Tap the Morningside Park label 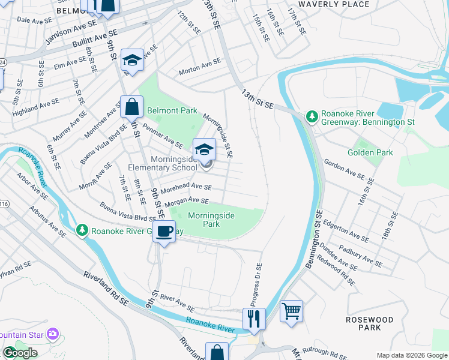pyautogui.click(x=211, y=220)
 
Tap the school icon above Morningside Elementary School pyautogui.click(x=204, y=149)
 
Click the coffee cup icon pyautogui.click(x=164, y=231)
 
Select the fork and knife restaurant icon pyautogui.click(x=255, y=318)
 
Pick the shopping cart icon pyautogui.click(x=291, y=311)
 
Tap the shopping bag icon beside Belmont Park pyautogui.click(x=131, y=107)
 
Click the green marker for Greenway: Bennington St pyautogui.click(x=312, y=116)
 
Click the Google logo pyautogui.click(x=19, y=353)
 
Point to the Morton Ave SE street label pyautogui.click(x=200, y=65)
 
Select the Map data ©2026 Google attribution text pyautogui.click(x=411, y=355)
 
